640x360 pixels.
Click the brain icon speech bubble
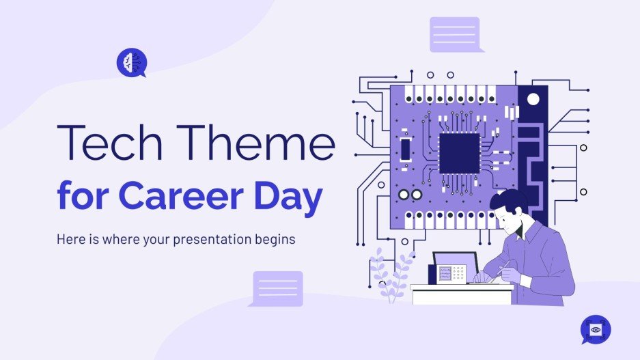(130, 62)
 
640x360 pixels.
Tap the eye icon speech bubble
(595, 329)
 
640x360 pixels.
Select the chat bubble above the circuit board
(455, 34)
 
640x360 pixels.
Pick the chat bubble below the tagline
(277, 288)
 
